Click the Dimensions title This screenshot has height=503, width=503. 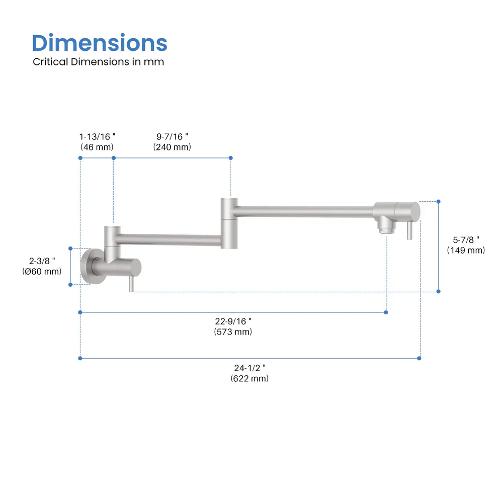point(100,43)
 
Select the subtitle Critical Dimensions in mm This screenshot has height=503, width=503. point(98,62)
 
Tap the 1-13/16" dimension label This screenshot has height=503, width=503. point(98,136)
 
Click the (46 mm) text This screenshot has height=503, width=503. point(97,147)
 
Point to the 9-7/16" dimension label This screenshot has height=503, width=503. point(172,136)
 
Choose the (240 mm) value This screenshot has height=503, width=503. point(172,147)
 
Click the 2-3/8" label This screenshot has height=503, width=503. point(42,261)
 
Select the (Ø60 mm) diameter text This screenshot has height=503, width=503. point(42,271)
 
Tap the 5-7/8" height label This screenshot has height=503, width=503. point(466,239)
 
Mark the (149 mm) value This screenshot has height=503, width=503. point(466,250)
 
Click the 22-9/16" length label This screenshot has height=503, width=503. point(233,321)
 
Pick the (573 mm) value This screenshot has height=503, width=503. point(233,331)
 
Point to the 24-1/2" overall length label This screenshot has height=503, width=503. point(249,368)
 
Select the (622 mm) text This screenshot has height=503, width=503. point(249,378)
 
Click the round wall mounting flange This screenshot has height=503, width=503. point(88,266)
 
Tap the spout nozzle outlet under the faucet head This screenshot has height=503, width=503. point(385,228)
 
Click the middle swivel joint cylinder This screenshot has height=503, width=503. point(229,223)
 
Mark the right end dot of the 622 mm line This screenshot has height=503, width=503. point(420,358)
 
